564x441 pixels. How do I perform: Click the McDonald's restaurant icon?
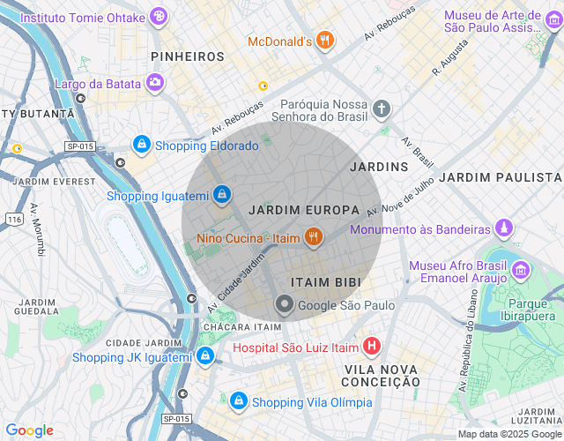pos(325,40)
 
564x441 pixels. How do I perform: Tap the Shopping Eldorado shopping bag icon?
pos(141,144)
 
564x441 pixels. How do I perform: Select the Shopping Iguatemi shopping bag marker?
pos(223,193)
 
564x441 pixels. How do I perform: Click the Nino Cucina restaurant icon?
pos(311,236)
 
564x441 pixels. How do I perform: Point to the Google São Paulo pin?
pos(285,305)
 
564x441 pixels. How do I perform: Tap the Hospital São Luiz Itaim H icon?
pos(372,346)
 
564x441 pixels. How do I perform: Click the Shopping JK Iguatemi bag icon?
pos(205,355)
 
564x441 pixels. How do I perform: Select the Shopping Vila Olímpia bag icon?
pos(237,401)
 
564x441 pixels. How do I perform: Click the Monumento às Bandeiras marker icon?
pos(503,228)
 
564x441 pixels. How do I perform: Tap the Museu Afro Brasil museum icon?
pos(519,270)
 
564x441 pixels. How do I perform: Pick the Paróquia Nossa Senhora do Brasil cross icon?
pos(381,109)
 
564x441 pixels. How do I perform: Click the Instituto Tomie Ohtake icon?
pos(158,16)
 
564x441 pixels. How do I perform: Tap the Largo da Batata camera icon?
pos(155,82)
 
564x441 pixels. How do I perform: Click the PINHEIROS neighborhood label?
pos(188,56)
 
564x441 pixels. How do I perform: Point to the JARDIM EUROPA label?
pos(304,210)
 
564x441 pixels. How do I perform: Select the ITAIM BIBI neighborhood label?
pos(325,280)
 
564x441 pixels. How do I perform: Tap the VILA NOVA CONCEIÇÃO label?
pos(382,375)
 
